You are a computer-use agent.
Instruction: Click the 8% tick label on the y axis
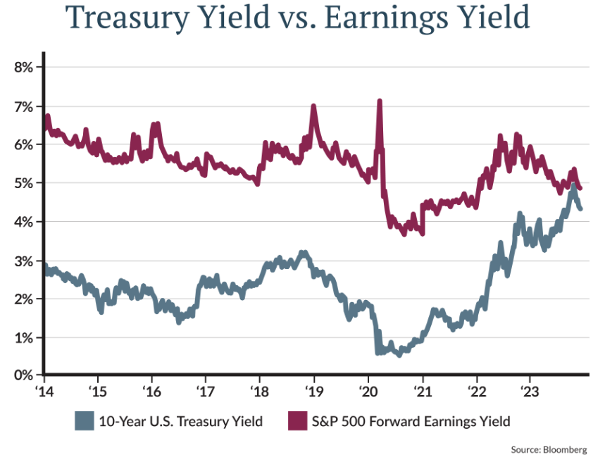pyautogui.click(x=25, y=67)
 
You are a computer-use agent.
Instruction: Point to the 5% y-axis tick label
pyautogui.click(x=25, y=183)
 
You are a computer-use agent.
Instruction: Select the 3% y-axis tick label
pyautogui.click(x=25, y=261)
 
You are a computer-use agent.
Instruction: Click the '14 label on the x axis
pyautogui.click(x=44, y=390)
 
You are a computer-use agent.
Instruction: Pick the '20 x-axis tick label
pyautogui.click(x=368, y=390)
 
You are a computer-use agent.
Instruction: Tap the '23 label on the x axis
pyautogui.click(x=530, y=390)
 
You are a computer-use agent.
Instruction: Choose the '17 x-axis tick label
pyautogui.click(x=206, y=390)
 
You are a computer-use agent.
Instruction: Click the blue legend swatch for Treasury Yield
pyautogui.click(x=84, y=421)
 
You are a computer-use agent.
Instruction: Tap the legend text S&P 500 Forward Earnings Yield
pyautogui.click(x=410, y=421)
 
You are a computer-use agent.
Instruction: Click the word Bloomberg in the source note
pyautogui.click(x=567, y=449)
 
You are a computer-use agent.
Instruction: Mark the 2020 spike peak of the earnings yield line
pyautogui.click(x=380, y=101)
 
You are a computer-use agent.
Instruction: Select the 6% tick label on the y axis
pyautogui.click(x=25, y=144)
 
